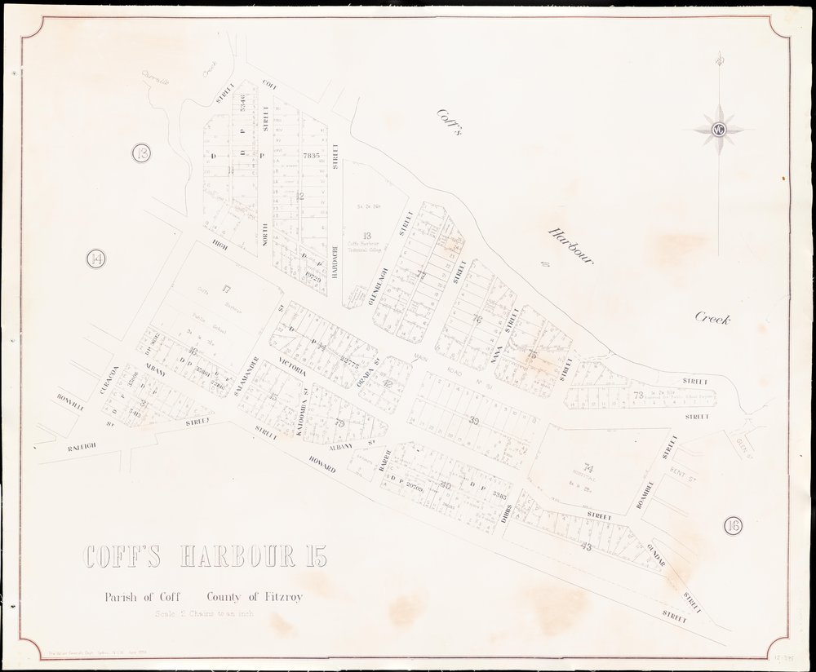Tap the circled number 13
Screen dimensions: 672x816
click(x=144, y=153)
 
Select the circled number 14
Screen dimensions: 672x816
click(x=96, y=260)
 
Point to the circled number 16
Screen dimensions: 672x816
click(x=732, y=525)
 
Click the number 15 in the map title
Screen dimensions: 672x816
click(x=313, y=559)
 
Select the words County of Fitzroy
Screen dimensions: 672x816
click(x=255, y=597)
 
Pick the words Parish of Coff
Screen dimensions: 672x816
click(x=147, y=597)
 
